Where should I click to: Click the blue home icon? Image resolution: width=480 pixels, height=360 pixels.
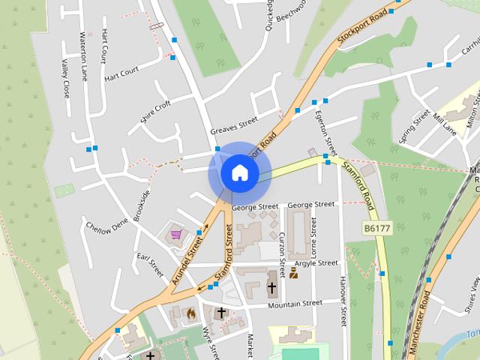click(239, 172)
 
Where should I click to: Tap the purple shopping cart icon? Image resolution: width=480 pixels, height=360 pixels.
click(176, 235)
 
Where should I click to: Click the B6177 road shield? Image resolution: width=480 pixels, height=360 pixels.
click(377, 228)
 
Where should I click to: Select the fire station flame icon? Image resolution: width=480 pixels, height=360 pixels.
click(191, 313)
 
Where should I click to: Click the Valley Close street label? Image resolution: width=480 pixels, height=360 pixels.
click(65, 79)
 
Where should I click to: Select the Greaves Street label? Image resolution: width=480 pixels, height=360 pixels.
click(233, 124)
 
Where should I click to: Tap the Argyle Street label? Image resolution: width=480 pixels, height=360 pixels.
click(316, 263)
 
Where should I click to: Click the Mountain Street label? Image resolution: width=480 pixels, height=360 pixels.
click(295, 304)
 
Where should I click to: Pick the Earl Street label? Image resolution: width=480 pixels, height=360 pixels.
click(150, 265)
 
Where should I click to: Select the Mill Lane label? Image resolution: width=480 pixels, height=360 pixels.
click(444, 124)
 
